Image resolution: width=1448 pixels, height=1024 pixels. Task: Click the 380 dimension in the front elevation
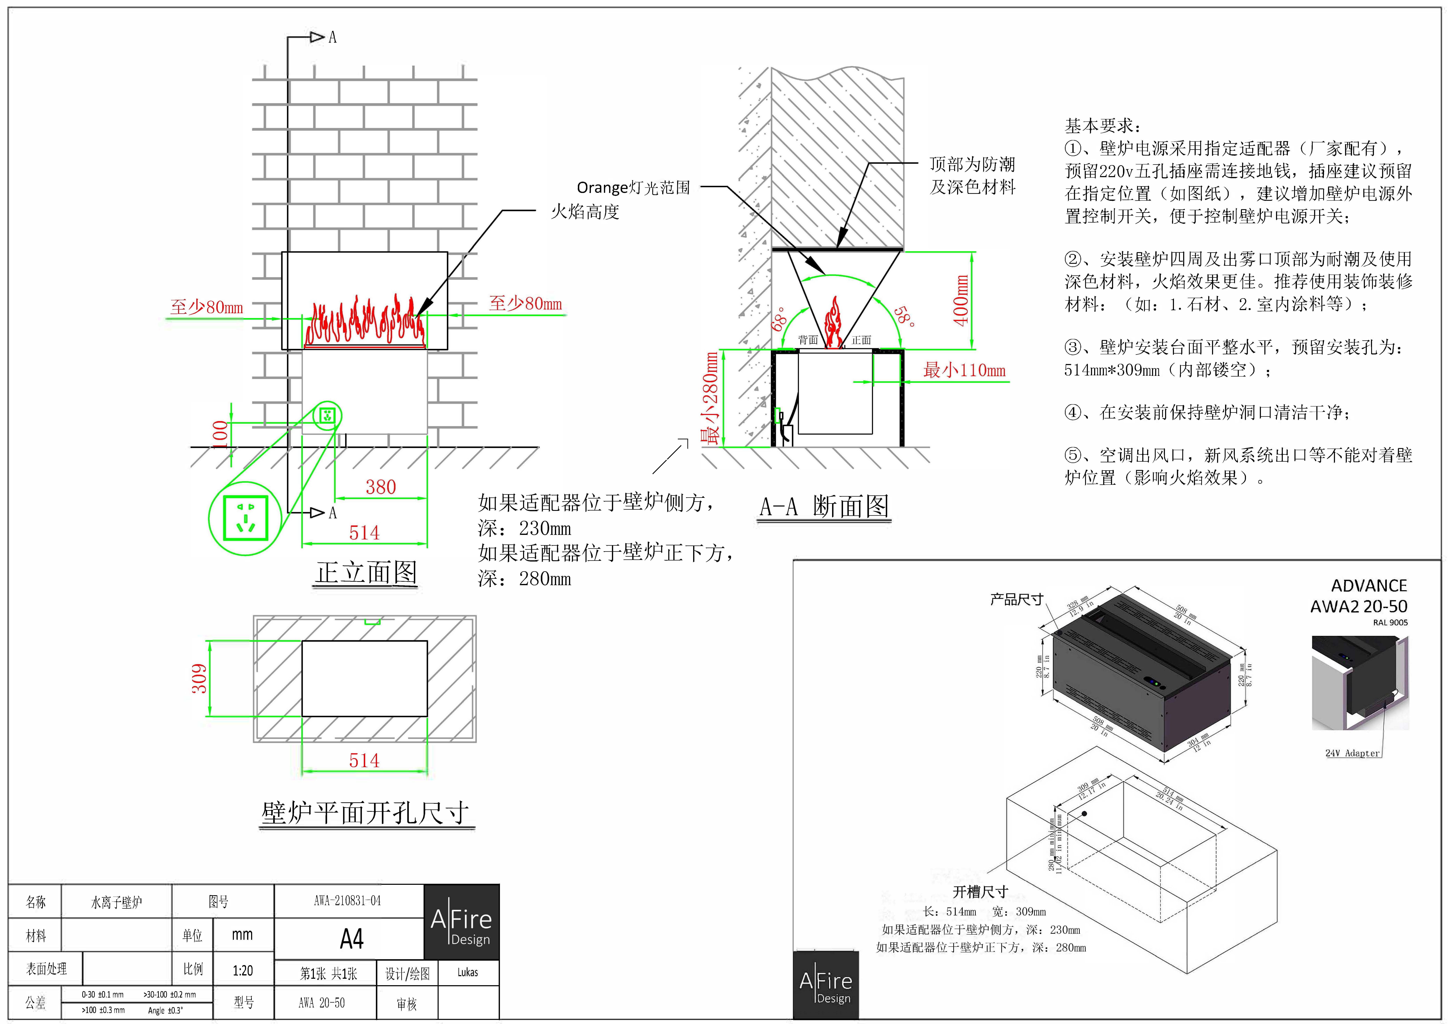click(381, 487)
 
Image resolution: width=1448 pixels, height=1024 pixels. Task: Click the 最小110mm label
click(964, 370)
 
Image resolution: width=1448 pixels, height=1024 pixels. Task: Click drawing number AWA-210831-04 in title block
click(347, 900)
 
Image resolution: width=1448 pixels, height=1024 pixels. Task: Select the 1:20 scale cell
click(243, 970)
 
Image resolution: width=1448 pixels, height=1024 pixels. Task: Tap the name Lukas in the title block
click(467, 972)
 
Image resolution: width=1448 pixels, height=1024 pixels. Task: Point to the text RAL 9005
click(1390, 622)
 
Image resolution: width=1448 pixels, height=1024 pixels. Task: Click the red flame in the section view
click(834, 323)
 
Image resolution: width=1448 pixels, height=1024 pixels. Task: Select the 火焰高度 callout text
click(585, 212)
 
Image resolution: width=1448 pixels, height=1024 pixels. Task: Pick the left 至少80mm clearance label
click(206, 307)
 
